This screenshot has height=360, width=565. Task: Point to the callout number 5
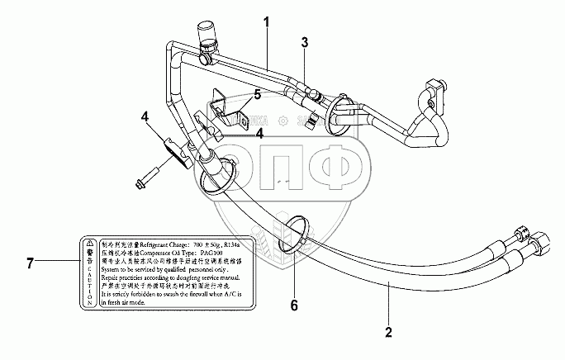point(257,95)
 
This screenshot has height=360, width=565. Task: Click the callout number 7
point(30,263)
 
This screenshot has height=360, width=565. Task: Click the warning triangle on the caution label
point(87,245)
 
